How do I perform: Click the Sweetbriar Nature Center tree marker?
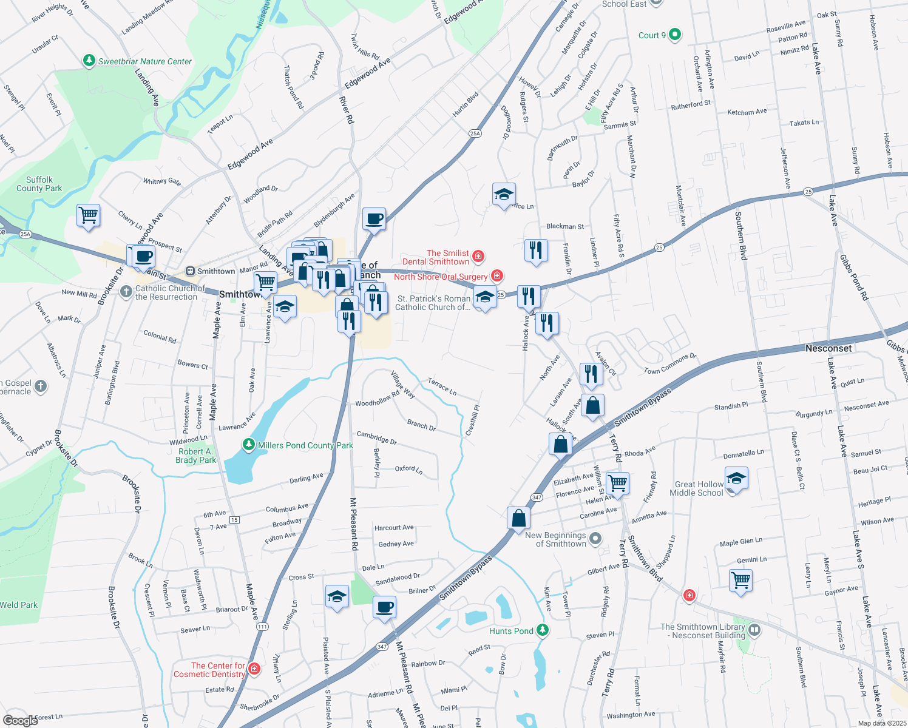(89, 61)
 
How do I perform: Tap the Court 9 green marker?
(675, 35)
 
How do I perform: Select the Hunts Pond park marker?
(543, 631)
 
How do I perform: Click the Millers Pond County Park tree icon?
(248, 445)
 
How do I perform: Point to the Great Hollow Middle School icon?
(736, 479)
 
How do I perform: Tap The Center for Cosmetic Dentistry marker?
(254, 669)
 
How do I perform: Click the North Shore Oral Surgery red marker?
(497, 276)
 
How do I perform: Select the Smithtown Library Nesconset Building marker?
(754, 630)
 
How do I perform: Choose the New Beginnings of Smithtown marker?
(596, 539)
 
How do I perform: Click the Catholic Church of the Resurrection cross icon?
(126, 292)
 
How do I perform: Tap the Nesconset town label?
(828, 348)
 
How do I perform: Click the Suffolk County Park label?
(39, 184)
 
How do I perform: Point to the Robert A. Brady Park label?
(195, 456)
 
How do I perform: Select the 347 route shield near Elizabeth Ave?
(537, 497)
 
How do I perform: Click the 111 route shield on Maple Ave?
(262, 626)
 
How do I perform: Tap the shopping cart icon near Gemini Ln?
(741, 579)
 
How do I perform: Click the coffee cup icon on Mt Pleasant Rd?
(384, 607)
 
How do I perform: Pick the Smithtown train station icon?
(190, 271)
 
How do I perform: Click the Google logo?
(20, 721)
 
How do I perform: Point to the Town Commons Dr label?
(670, 363)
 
